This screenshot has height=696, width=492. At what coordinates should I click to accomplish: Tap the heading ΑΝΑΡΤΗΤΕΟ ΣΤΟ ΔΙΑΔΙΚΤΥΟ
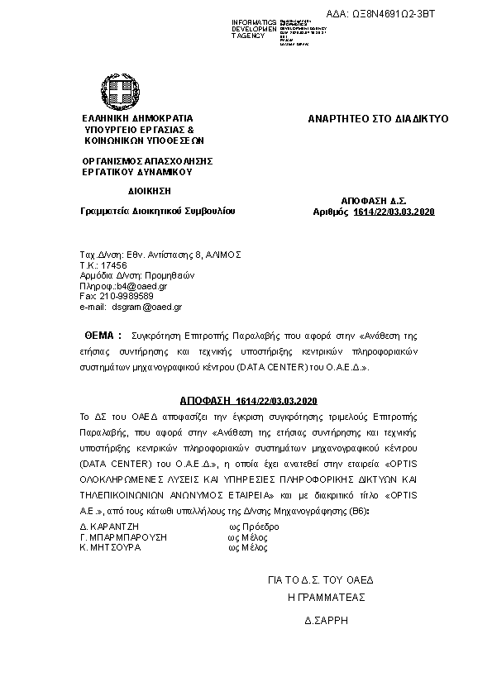coord(377,119)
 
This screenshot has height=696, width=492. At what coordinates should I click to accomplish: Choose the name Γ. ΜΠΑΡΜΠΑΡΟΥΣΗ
coord(123,536)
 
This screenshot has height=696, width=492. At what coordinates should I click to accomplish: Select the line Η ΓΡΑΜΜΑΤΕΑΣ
coord(326,597)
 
